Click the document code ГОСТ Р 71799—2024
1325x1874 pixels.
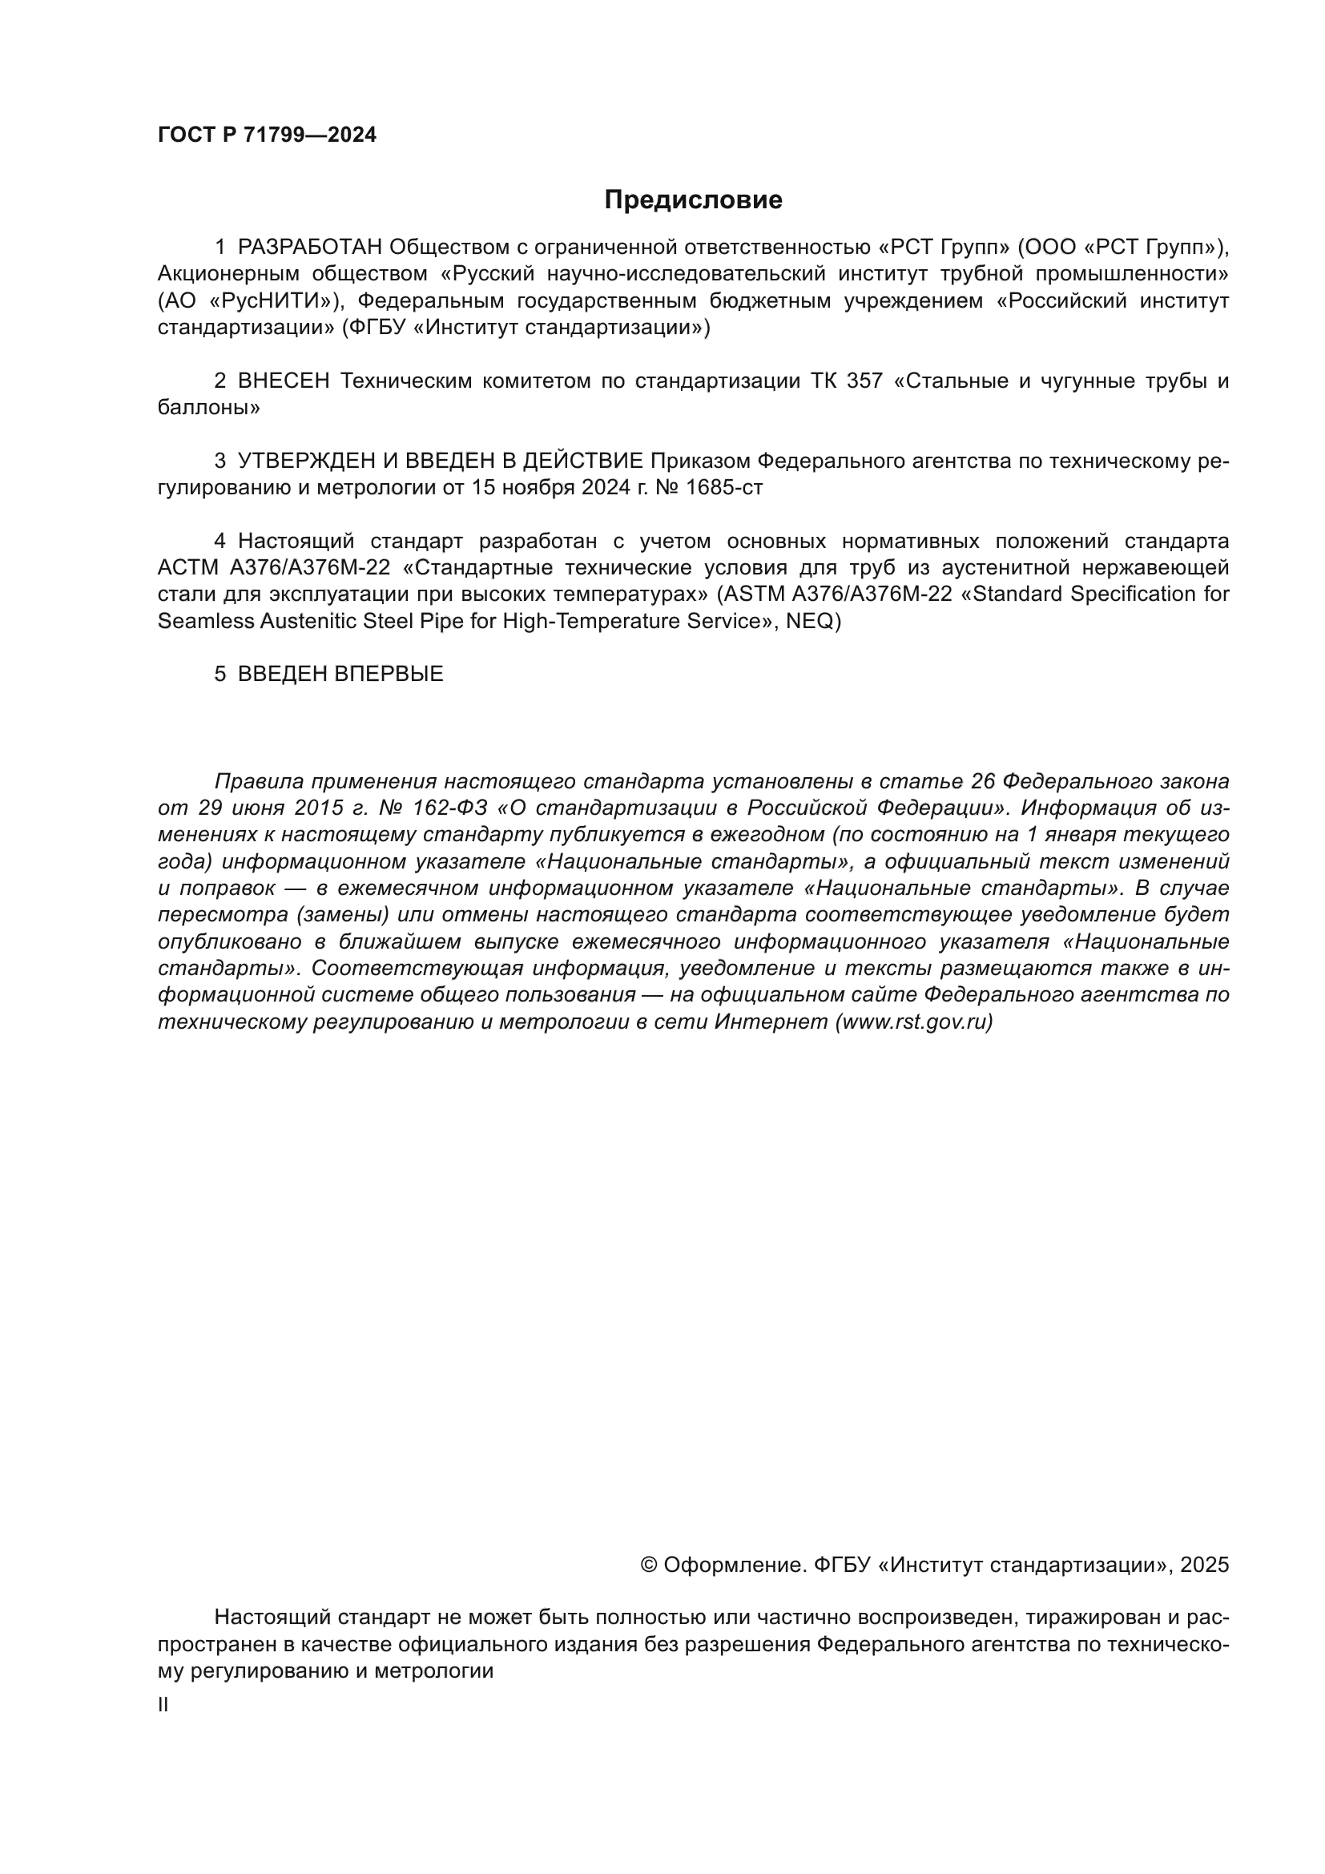click(x=267, y=135)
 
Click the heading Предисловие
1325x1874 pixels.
click(x=693, y=200)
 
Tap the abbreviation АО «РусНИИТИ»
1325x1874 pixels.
click(x=246, y=301)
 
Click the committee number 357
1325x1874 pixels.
click(x=864, y=381)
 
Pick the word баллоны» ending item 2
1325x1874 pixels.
click(x=208, y=407)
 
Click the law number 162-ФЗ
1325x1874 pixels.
click(x=450, y=808)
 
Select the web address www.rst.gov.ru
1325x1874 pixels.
click(x=914, y=1022)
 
